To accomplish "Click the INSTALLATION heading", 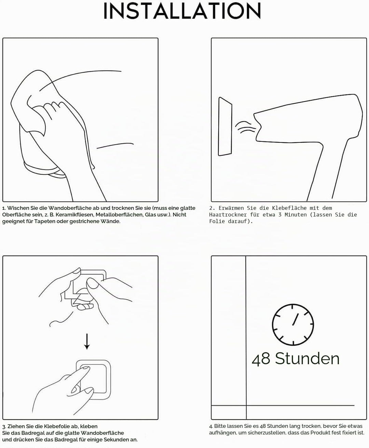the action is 182,11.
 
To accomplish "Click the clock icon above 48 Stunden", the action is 293,324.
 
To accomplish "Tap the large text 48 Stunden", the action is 296,359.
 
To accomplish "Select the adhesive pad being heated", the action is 225,126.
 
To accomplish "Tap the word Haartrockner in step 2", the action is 228,215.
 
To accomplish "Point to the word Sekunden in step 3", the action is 116,440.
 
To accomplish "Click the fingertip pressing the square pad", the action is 86,369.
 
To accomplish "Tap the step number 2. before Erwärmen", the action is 212,208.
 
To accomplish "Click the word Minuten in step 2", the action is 296,215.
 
